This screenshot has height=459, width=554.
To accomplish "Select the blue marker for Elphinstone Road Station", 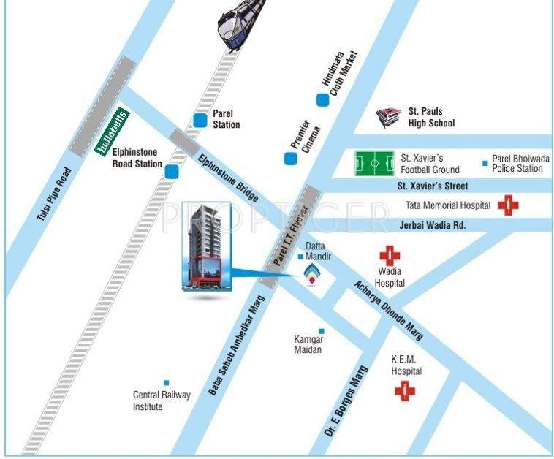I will tap(172, 172).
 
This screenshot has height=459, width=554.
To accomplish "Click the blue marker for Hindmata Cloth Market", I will tap(322, 100).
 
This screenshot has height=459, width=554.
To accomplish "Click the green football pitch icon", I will tap(373, 163).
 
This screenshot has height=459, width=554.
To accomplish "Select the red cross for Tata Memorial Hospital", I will tap(508, 205).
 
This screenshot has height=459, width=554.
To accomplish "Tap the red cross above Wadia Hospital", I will tap(389, 256).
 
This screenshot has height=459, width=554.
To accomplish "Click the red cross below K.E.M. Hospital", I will tap(404, 391).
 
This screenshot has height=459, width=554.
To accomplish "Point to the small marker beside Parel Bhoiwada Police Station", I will tap(484, 163).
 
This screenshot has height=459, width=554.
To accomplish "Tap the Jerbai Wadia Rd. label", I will tap(432, 225).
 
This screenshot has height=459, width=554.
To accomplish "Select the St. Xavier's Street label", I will tap(432, 186).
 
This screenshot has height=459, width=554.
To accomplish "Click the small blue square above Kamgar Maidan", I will tap(321, 331).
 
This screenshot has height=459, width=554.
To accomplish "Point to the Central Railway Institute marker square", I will tap(166, 382).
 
